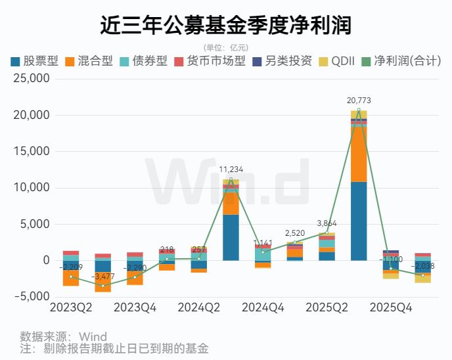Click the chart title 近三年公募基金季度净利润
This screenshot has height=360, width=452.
225,25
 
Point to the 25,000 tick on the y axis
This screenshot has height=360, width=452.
32,79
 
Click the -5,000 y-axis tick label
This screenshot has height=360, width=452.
32,296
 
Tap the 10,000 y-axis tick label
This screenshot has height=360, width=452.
32,188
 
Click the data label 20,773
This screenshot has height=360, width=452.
359,101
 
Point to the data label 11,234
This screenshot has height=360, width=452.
231,169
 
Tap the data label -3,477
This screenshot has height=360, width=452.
103,277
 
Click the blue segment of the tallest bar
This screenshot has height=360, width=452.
359,221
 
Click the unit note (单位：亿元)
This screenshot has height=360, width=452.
225,47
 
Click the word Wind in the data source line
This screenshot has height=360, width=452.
93,337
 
